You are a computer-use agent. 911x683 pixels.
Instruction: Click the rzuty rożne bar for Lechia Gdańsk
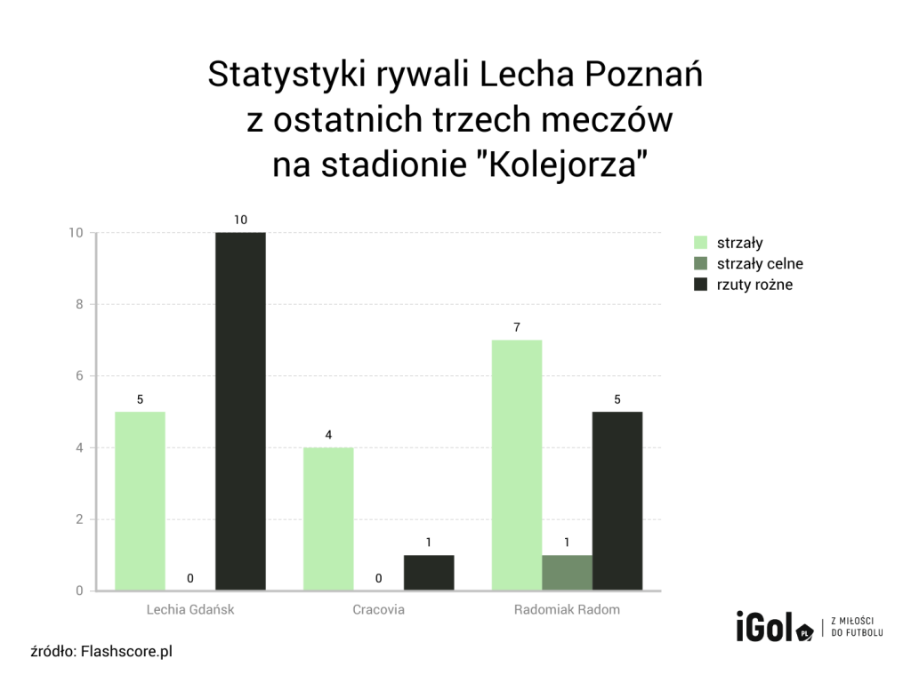[240, 411]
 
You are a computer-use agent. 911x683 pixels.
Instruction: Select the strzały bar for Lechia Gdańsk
[140, 501]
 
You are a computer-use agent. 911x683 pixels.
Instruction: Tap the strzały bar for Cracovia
[328, 518]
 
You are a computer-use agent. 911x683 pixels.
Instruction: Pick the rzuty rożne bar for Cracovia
[429, 573]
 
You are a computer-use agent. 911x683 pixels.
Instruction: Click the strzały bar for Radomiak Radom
[517, 465]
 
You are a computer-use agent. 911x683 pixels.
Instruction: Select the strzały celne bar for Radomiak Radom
[567, 573]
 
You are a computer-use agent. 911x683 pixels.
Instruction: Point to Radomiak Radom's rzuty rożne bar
[617, 501]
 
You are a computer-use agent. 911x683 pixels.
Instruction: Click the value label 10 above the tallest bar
[240, 219]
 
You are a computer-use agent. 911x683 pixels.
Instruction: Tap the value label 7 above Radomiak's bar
[517, 327]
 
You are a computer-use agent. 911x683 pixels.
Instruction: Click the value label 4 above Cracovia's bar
[328, 435]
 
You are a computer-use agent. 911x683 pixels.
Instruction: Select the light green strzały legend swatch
[700, 243]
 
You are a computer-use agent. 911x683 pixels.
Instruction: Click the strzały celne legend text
[760, 264]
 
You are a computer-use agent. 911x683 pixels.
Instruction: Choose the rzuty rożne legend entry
[754, 285]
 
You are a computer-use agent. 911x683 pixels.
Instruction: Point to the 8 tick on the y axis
[78, 304]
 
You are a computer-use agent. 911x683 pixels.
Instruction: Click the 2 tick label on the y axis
[78, 519]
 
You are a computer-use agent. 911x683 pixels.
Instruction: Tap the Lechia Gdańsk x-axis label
[190, 610]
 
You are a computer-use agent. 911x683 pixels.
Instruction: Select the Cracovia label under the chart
[378, 610]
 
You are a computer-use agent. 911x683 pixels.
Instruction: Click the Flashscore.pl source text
[126, 652]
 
